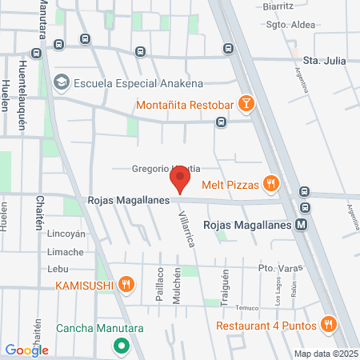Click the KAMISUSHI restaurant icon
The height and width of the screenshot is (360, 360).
point(126,284)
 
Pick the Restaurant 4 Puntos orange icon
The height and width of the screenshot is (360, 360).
point(327,325)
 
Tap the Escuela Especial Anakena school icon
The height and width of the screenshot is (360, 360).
point(61,82)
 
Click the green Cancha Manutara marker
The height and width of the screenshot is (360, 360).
point(122,346)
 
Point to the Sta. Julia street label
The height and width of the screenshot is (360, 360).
point(323,60)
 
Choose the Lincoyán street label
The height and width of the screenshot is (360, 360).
point(66,234)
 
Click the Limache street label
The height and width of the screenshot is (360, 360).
point(66,252)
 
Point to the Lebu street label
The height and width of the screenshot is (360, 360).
point(59,268)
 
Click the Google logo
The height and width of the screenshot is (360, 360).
point(26,349)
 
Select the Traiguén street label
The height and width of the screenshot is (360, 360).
point(225,285)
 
